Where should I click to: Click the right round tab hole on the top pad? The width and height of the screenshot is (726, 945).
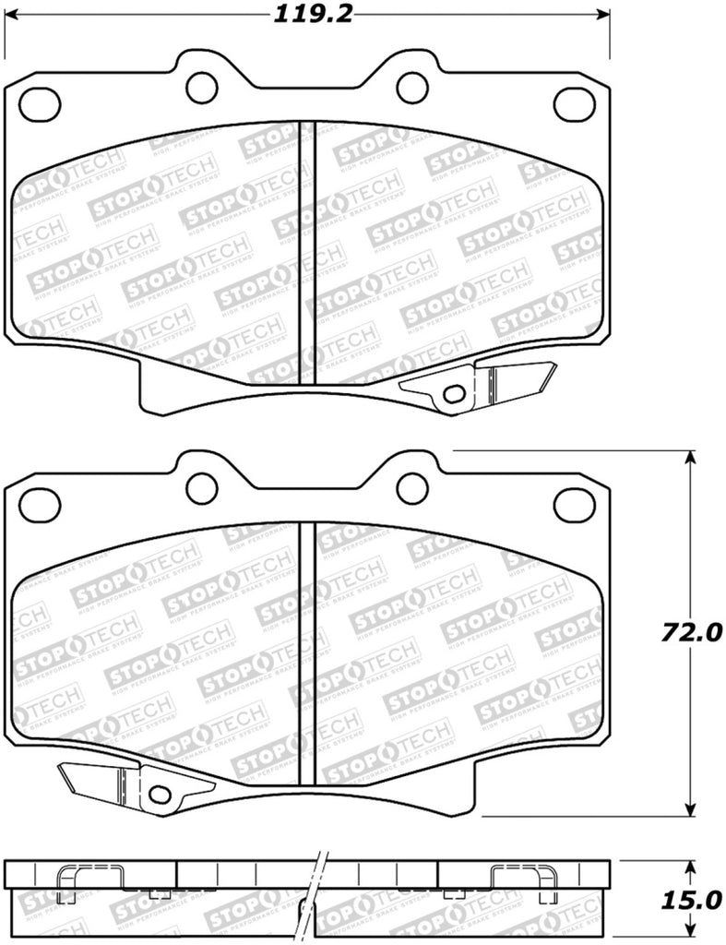point(412,86)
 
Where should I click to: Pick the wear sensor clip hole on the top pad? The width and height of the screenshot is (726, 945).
point(453,394)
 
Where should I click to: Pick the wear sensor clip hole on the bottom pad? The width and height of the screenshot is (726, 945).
point(160,794)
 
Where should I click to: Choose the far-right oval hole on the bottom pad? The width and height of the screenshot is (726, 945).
point(574,503)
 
